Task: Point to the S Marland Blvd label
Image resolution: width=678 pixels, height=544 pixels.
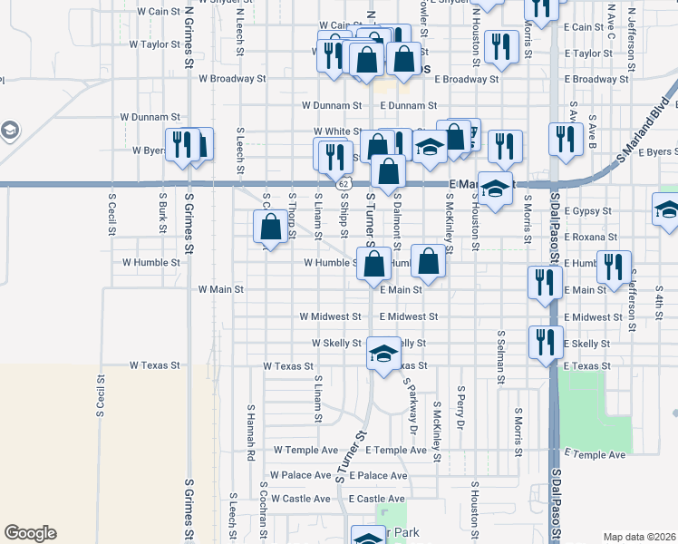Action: point(644,128)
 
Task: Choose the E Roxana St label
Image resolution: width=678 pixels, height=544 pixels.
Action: point(590,237)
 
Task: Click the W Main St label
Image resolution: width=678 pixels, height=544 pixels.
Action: point(221,290)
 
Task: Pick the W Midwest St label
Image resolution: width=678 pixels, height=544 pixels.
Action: point(331,317)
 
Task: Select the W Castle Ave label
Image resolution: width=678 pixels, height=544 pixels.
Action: point(300,499)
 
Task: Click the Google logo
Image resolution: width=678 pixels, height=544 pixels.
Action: point(30,533)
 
